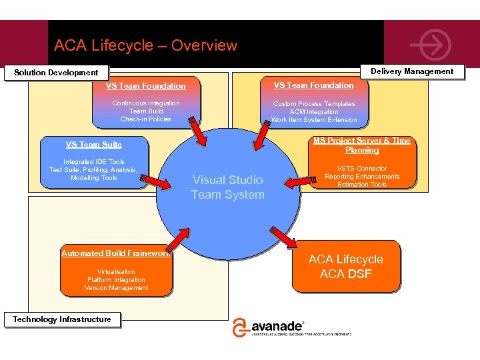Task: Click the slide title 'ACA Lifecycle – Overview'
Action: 145,45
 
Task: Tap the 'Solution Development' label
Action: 56,73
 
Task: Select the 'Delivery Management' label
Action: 411,71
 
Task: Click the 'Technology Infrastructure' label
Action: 62,319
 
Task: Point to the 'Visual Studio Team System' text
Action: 227,187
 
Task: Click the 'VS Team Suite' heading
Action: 93,145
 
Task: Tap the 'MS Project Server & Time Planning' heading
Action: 362,145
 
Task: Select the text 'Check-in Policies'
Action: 145,119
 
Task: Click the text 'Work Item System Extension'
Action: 314,120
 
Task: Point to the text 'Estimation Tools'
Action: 362,185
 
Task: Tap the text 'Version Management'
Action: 116,288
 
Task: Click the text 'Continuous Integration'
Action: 145,103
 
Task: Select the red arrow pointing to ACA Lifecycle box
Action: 285,238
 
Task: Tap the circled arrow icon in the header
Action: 430,45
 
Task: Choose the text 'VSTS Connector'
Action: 362,169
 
